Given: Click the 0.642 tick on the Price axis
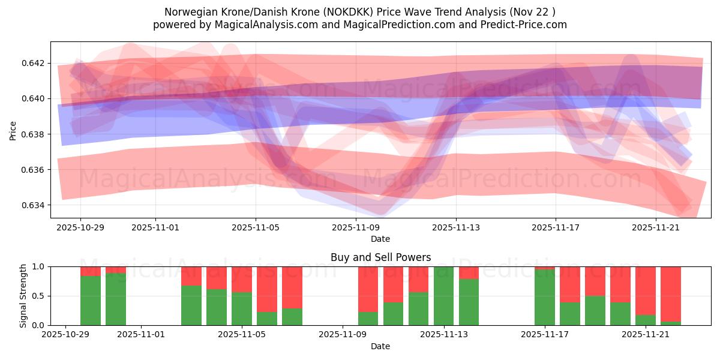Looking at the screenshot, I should tap(34, 63).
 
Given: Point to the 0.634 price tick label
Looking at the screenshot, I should tap(34, 205).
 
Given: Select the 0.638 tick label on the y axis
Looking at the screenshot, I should tap(34, 134).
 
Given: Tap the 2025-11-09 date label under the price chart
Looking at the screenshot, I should tap(356, 227).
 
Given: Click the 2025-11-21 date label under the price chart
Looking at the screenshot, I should tap(656, 227).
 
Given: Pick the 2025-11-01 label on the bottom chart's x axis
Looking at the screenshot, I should tap(141, 335).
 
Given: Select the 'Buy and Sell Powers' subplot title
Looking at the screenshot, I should tap(380, 257).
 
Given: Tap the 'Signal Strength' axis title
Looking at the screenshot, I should tap(23, 296).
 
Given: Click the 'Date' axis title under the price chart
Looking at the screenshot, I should tap(380, 239).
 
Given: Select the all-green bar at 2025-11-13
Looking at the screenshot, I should tap(444, 296).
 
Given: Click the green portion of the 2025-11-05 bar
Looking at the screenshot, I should tap(242, 308).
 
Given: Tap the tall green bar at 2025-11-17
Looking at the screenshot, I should tap(545, 298).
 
